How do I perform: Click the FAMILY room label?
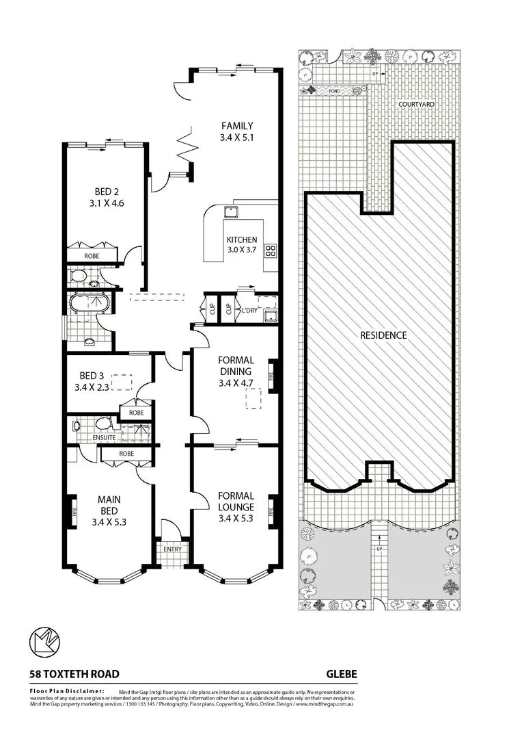[236, 126]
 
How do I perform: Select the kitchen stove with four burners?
[270, 250]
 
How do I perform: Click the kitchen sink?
[230, 211]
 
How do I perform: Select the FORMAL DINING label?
[236, 365]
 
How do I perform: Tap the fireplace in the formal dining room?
[273, 376]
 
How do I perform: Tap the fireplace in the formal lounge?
[273, 510]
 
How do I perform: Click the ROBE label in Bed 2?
[92, 256]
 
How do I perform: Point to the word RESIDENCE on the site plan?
[383, 335]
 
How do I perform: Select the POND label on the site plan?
[335, 90]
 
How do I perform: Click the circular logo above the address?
[46, 643]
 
